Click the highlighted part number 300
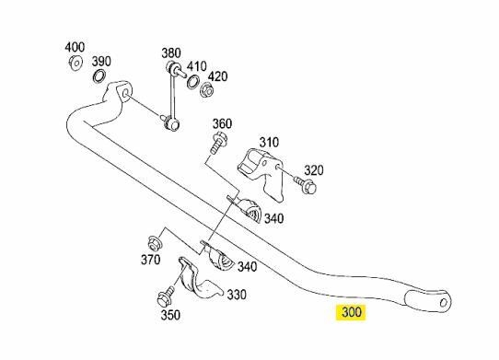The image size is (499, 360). click(352, 312)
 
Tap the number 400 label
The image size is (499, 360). click(75, 47)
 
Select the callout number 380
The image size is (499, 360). click(171, 52)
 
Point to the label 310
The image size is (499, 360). click(269, 143)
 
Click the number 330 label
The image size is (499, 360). click(237, 296)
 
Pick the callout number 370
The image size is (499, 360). click(150, 261)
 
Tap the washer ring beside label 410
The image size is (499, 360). click(192, 82)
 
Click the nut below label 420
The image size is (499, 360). click(209, 89)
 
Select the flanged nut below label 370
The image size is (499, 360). click(155, 244)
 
